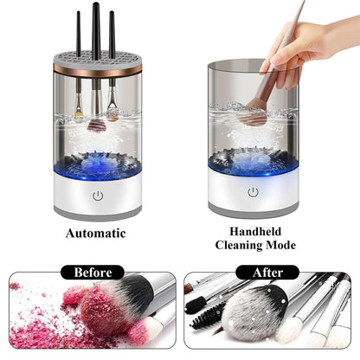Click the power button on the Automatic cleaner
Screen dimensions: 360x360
[98, 196]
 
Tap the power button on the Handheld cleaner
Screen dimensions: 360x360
[253, 192]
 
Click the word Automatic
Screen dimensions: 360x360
[96, 234]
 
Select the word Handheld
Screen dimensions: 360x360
[255, 231]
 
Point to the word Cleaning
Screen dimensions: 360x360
[239, 245]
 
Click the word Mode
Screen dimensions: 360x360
[280, 245]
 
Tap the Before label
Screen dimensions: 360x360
[93, 273]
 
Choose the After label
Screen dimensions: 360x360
[267, 273]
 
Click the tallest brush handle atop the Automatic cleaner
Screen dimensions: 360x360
[96, 29]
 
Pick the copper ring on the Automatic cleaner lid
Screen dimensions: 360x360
[98, 68]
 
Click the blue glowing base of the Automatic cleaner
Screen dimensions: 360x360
[98, 167]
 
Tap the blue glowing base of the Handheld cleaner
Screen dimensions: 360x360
[253, 164]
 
